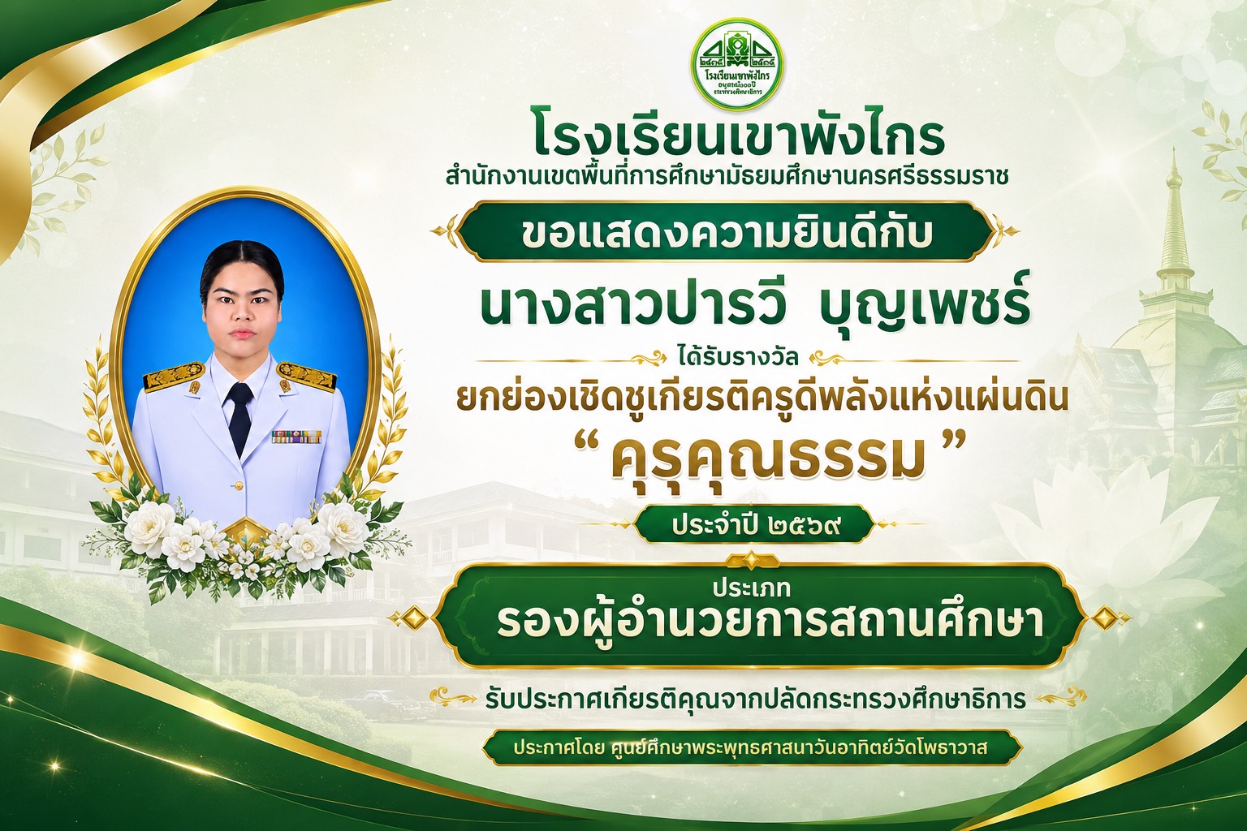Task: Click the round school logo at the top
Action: pos(736,63)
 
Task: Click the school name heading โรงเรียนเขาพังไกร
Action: pos(739,138)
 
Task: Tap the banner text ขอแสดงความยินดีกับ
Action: pos(727,233)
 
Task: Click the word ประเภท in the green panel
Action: pos(751,588)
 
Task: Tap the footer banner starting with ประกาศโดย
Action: pos(752,747)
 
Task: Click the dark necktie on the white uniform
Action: pos(239,415)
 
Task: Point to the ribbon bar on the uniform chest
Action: pos(296,437)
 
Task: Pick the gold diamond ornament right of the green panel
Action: pos(1107,618)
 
